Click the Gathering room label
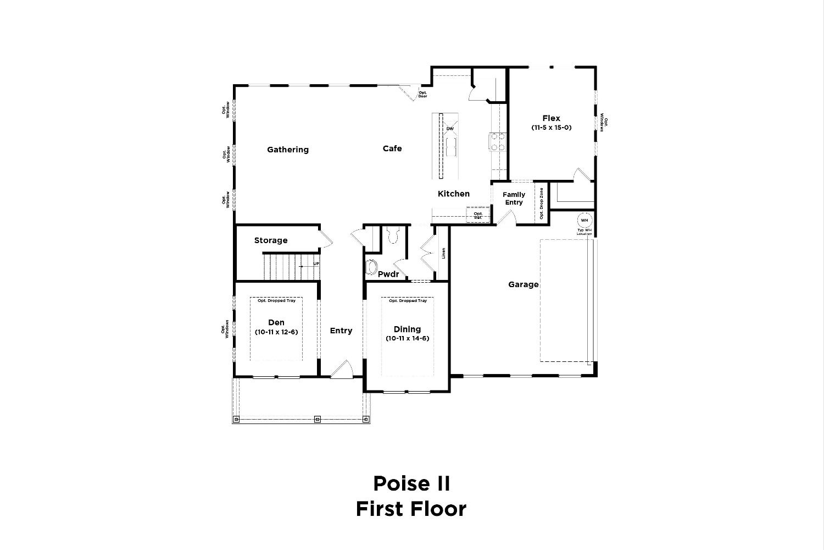coord(288,150)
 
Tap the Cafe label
coord(392,148)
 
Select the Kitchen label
coord(454,194)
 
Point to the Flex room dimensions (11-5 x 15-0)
coord(552,128)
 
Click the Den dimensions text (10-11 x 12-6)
coord(276,332)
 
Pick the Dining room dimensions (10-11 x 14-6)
coord(408,338)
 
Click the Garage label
coord(523,284)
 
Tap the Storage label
coord(271,240)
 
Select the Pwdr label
coord(388,274)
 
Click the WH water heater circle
coord(584,221)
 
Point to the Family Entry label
coord(514,199)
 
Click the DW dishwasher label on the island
coord(450,129)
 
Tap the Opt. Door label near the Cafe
coord(422,95)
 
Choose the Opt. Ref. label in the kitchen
coord(478,216)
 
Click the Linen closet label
coord(444,253)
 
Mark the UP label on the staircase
coord(316,264)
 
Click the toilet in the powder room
coord(392,236)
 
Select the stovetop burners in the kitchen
coord(498,141)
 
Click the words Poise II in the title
coord(411,484)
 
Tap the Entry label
coord(341,331)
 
